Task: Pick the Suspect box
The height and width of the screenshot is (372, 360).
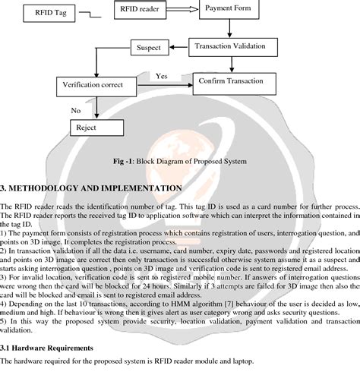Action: tap(148, 49)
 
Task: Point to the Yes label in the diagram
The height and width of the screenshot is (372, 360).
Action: tap(162, 76)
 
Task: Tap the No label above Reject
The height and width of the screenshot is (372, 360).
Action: tap(76, 111)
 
